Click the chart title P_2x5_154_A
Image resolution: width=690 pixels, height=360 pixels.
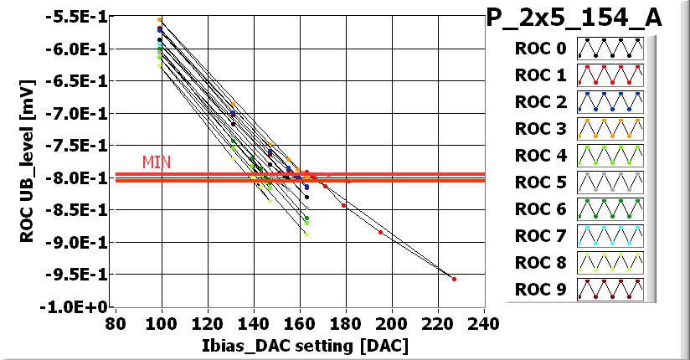[574, 18]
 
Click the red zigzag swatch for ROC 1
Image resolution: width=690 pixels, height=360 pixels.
[610, 75]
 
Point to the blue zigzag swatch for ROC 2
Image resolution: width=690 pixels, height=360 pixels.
[610, 102]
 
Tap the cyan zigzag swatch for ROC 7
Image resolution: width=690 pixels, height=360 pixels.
[610, 236]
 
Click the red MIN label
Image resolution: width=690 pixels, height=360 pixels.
[156, 162]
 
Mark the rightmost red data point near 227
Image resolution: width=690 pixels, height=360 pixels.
[454, 279]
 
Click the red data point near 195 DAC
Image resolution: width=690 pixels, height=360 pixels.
[380, 232]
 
